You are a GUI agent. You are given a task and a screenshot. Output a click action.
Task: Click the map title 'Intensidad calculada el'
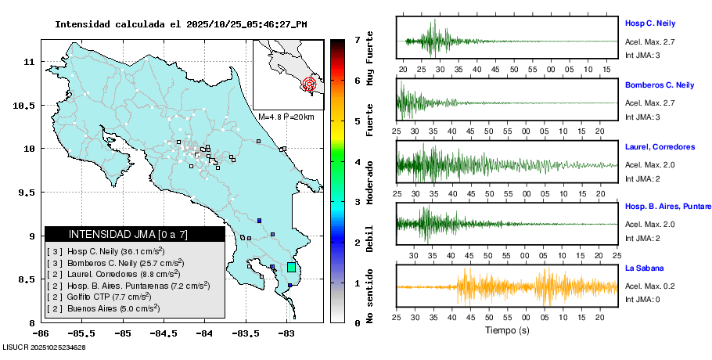coord(117,24)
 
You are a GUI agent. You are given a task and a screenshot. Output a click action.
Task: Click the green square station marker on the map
coord(291,268)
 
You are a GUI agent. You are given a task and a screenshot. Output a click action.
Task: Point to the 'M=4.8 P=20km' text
coord(286,117)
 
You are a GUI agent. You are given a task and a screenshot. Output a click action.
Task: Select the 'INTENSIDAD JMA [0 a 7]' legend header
coord(135,234)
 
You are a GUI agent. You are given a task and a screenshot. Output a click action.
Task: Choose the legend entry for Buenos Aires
coord(103,308)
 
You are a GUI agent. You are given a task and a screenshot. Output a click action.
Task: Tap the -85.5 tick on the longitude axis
coord(82,334)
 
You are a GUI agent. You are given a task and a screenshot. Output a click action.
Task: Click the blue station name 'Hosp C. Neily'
coord(649,23)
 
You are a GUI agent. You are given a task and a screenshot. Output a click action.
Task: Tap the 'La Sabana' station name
coord(643,268)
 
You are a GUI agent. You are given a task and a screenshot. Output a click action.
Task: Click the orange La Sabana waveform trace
coord(507,286)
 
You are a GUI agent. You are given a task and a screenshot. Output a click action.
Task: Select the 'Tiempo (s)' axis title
coord(506,330)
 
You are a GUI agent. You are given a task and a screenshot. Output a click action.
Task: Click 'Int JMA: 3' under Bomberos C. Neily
coord(642,117)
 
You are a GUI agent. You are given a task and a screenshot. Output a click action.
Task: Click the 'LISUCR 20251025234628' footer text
coord(44,347)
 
